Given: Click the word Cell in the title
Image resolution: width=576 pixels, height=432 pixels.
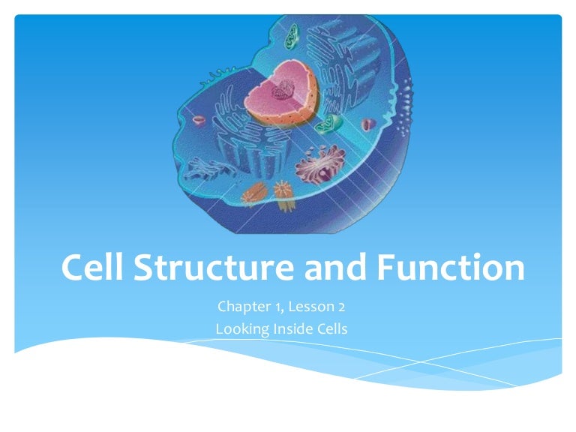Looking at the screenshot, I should point(98,268).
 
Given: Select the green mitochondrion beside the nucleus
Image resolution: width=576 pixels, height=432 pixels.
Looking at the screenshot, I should point(328,124).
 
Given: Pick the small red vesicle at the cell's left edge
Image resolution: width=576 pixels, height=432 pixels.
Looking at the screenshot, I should point(199,120).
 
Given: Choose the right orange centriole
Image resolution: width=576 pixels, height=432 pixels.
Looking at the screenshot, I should point(283,190).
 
